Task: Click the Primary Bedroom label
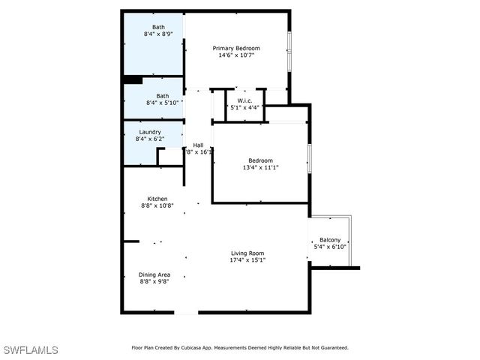tap(237, 48)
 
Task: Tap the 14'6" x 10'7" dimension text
tap(237, 55)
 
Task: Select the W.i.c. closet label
tap(244, 100)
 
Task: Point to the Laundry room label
tap(150, 132)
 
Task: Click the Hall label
tap(198, 145)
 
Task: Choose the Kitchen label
tap(157, 199)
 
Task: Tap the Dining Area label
tap(154, 274)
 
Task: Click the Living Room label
tap(247, 253)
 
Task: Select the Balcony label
tap(330, 240)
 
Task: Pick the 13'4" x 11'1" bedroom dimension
tap(261, 167)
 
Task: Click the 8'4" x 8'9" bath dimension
tap(159, 34)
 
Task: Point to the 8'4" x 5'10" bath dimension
tap(163, 103)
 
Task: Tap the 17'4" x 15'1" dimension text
tap(247, 260)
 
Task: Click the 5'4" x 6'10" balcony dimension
tap(330, 247)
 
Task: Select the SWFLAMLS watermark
tap(31, 350)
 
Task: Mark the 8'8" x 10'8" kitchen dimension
tap(157, 205)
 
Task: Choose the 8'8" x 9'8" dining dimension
tap(154, 281)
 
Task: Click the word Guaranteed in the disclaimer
tap(332, 348)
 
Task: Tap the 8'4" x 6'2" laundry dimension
tap(150, 139)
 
